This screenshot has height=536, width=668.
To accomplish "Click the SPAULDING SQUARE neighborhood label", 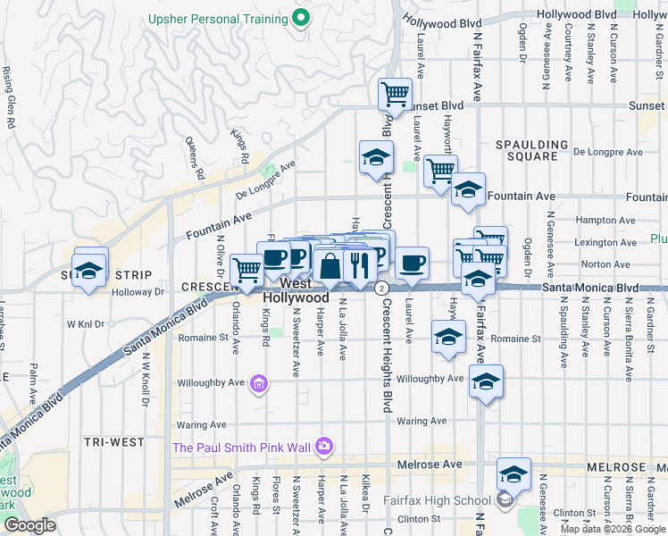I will [532, 150].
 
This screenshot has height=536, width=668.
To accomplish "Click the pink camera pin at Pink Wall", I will [324, 445].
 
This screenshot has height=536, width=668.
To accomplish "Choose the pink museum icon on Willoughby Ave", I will [259, 384].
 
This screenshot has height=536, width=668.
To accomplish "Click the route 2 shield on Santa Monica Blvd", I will [381, 288].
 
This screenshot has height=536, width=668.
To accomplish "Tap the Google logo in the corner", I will [29, 524].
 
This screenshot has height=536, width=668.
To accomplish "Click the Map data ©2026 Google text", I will [613, 529].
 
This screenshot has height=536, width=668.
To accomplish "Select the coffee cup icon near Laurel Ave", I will [412, 263].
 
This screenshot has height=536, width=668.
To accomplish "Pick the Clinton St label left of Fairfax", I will [420, 518].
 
